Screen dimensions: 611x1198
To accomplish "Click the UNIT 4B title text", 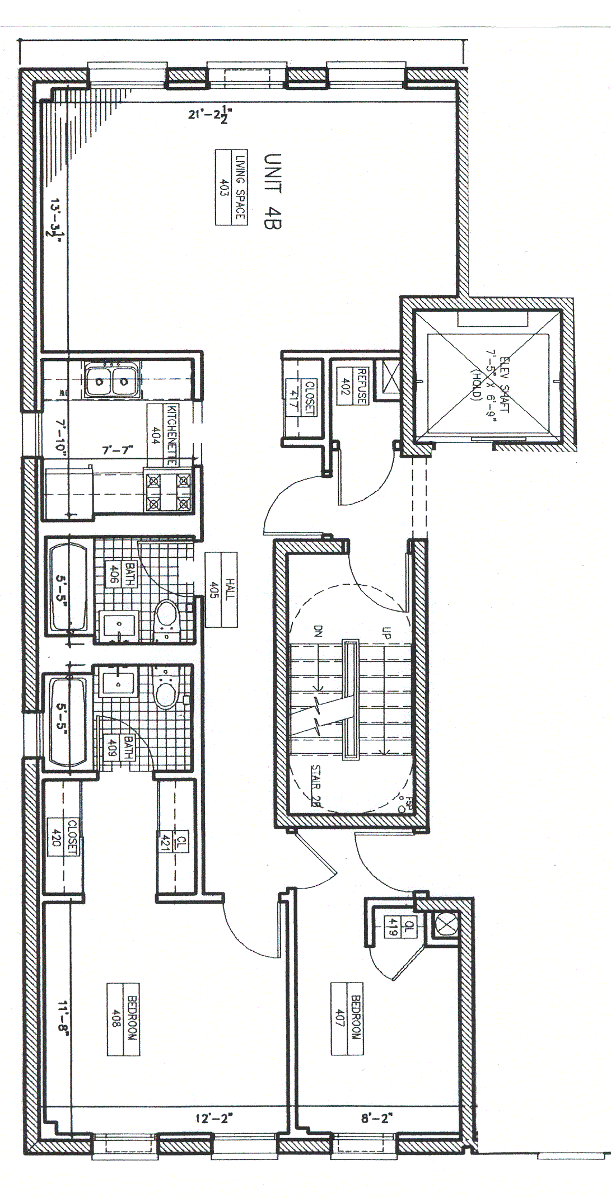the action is [272, 191].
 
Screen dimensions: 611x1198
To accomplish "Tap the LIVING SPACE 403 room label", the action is [232, 187].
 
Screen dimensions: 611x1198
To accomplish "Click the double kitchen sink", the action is [112, 381].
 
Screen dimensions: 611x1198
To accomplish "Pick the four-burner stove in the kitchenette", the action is [168, 491].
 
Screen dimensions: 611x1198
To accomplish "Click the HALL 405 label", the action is [222, 589].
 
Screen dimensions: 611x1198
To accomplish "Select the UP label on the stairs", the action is [386, 633].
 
